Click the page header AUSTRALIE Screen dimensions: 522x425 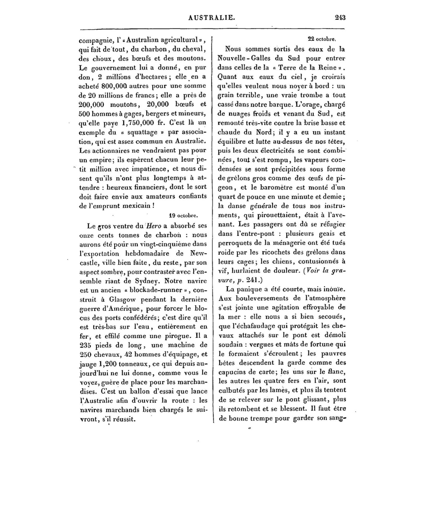pyautogui.click(x=211, y=18)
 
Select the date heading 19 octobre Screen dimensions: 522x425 pyautogui.click(x=184, y=216)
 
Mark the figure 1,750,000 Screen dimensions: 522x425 pyautogui.click(x=141, y=123)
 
